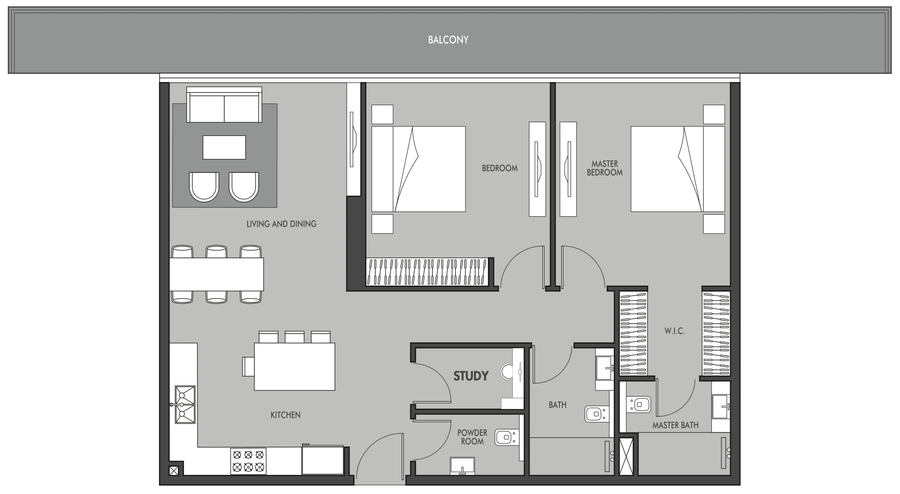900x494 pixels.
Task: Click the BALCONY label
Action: (448, 40)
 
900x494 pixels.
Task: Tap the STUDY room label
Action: (470, 376)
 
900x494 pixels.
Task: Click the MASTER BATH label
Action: (675, 425)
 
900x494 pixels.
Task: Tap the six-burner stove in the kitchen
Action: (248, 461)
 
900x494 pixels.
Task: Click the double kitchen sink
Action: (185, 405)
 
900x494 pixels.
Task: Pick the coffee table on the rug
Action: (224, 147)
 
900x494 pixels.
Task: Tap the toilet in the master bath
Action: (638, 405)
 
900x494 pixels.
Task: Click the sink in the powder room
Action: (462, 466)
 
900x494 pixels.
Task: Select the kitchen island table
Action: (294, 366)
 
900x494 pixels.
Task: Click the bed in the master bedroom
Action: (677, 169)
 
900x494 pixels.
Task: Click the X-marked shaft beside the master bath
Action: (626, 456)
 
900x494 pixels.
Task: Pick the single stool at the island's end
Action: (248, 366)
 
